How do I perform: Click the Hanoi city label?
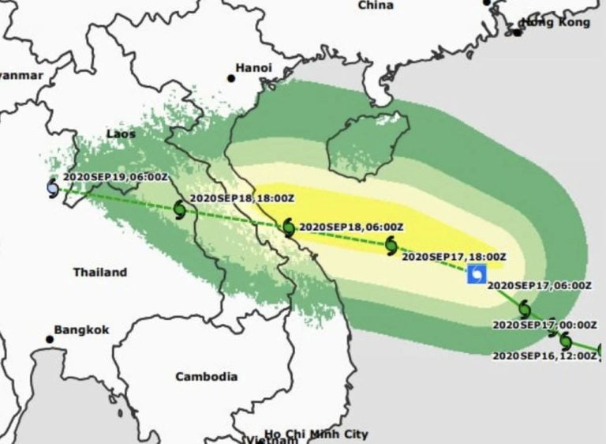click(x=254, y=68)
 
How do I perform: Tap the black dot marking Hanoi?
click(x=231, y=78)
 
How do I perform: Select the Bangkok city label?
click(x=81, y=330)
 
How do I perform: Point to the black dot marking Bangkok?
click(x=50, y=340)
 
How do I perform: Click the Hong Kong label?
click(x=557, y=22)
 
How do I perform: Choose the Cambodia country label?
click(x=206, y=377)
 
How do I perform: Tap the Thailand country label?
click(x=100, y=273)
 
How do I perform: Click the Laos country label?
click(x=121, y=134)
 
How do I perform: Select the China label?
click(x=376, y=6)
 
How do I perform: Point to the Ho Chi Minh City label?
click(x=316, y=434)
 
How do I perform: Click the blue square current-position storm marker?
click(x=477, y=274)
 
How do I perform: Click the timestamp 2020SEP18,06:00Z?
click(x=351, y=227)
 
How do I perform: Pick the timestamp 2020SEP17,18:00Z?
click(x=454, y=256)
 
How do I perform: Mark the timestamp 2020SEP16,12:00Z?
click(x=544, y=356)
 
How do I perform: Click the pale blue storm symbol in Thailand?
click(x=53, y=189)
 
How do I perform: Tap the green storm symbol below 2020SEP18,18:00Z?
click(x=179, y=210)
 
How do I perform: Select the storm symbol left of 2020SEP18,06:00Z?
click(x=289, y=228)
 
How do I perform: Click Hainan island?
click(x=367, y=142)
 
